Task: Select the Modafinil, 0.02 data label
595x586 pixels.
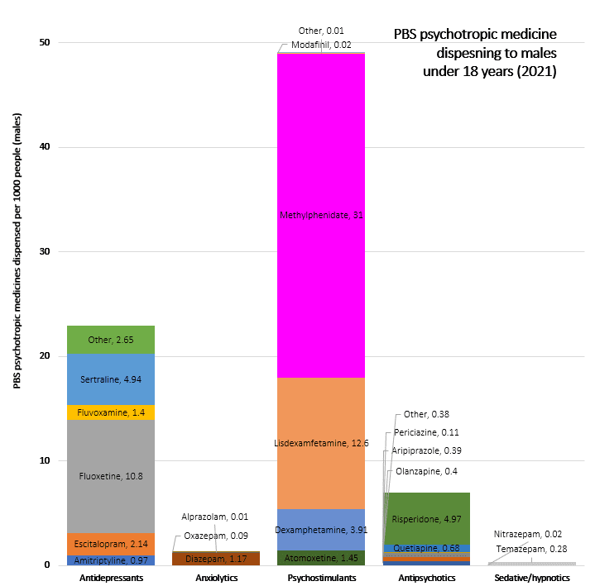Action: click(x=322, y=45)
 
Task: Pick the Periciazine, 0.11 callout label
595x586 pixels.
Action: click(x=426, y=432)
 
